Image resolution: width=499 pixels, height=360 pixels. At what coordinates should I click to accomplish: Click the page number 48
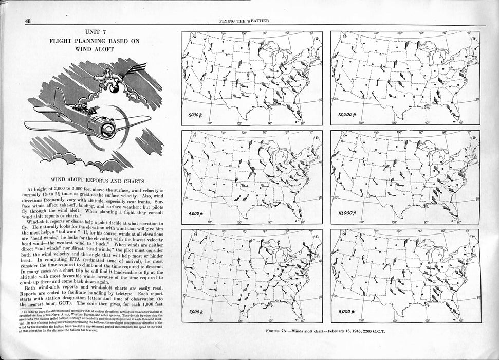pos(27,21)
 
